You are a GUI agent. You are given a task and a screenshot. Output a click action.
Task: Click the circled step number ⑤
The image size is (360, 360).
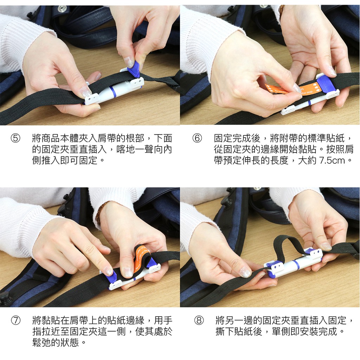[15, 138]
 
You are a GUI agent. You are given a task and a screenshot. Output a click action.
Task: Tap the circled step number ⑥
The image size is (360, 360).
[197, 138]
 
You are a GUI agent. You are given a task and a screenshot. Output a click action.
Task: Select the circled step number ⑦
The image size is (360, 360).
[16, 320]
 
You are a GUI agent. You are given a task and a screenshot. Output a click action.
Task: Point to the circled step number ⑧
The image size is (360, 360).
[199, 320]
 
